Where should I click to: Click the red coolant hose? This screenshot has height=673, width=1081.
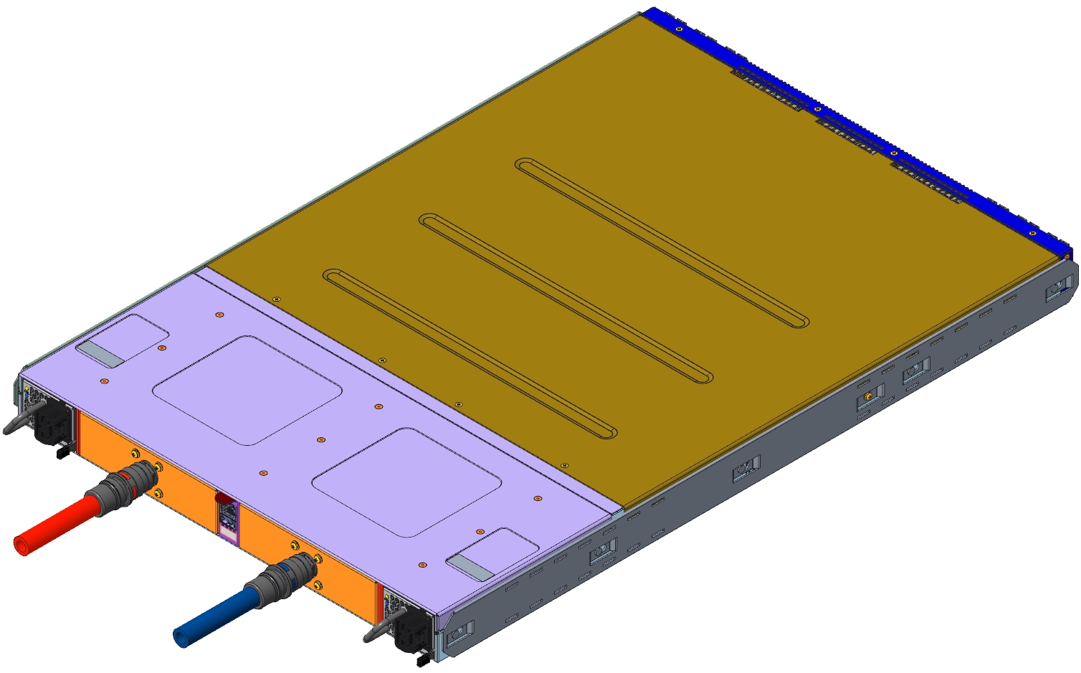54,526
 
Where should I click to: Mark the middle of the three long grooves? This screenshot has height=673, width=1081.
566,297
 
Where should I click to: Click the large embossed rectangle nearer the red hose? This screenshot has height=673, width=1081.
247,389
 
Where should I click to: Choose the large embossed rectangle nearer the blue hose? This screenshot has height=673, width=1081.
406,482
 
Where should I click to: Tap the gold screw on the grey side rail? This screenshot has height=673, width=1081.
868,396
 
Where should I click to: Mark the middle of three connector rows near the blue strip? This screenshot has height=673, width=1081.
847,135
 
